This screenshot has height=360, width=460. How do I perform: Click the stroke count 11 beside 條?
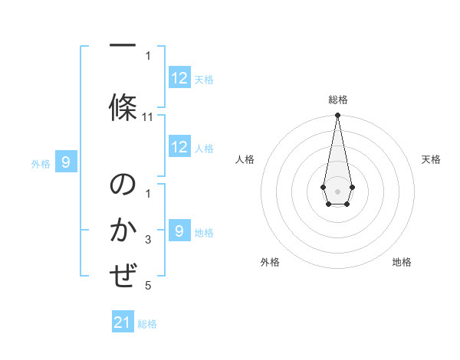148,117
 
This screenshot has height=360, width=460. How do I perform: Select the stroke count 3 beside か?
148,240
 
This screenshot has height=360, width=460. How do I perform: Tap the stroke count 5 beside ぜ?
148,286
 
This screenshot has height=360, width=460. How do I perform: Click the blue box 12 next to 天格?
179,78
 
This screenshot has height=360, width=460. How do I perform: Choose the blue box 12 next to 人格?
179,148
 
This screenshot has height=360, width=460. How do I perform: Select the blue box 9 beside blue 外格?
66,162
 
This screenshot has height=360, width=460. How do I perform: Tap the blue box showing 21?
123,323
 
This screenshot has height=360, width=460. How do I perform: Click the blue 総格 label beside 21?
147,324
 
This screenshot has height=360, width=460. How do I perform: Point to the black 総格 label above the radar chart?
338,100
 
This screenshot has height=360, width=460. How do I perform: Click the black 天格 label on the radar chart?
432,159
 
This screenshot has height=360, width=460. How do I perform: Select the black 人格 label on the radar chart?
245,159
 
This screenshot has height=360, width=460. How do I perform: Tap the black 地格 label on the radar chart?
402,262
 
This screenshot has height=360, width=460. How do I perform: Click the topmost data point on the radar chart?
337,116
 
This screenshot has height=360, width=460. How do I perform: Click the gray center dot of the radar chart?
337,191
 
